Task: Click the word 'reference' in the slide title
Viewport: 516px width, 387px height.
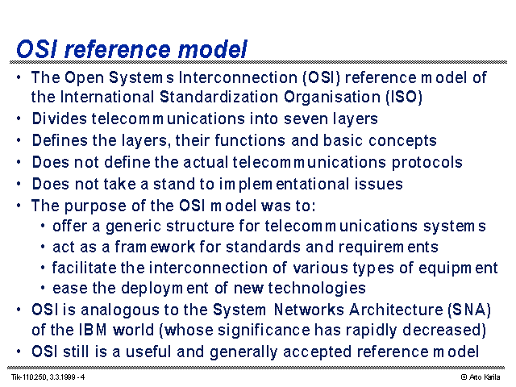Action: pyautogui.click(x=118, y=49)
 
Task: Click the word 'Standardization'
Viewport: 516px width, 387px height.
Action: pyautogui.click(x=218, y=97)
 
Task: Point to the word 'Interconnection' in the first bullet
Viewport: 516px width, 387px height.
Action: pyautogui.click(x=238, y=77)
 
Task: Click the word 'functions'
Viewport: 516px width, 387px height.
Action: pyautogui.click(x=250, y=140)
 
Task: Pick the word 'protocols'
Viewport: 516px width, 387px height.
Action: pyautogui.click(x=427, y=163)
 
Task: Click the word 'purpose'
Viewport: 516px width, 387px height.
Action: pyautogui.click(x=95, y=206)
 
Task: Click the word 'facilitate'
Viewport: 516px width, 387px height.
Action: pyautogui.click(x=84, y=268)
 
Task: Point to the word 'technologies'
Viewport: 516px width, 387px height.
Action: pyautogui.click(x=317, y=289)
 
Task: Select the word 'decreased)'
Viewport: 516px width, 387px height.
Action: pyautogui.click(x=444, y=331)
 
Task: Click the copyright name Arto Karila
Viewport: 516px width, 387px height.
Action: pyautogui.click(x=485, y=377)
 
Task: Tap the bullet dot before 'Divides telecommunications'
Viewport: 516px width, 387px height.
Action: pyautogui.click(x=19, y=119)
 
